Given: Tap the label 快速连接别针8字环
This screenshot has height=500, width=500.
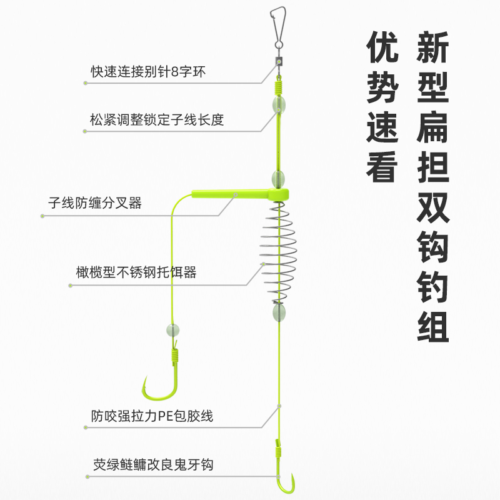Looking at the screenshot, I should [x=147, y=71].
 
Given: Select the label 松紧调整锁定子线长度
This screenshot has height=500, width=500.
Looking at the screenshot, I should [x=157, y=120].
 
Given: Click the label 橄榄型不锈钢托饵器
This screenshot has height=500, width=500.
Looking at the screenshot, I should [x=136, y=272].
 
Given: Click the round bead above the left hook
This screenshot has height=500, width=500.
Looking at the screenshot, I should [x=173, y=329].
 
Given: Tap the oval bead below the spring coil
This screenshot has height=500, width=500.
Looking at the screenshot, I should [x=277, y=312].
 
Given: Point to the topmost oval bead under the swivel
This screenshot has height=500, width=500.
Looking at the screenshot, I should [x=277, y=104].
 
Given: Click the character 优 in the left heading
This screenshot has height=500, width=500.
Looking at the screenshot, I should [x=382, y=48].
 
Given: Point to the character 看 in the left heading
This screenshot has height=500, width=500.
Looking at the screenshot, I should [x=382, y=166].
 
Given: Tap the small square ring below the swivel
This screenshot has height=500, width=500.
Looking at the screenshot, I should [x=278, y=62].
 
